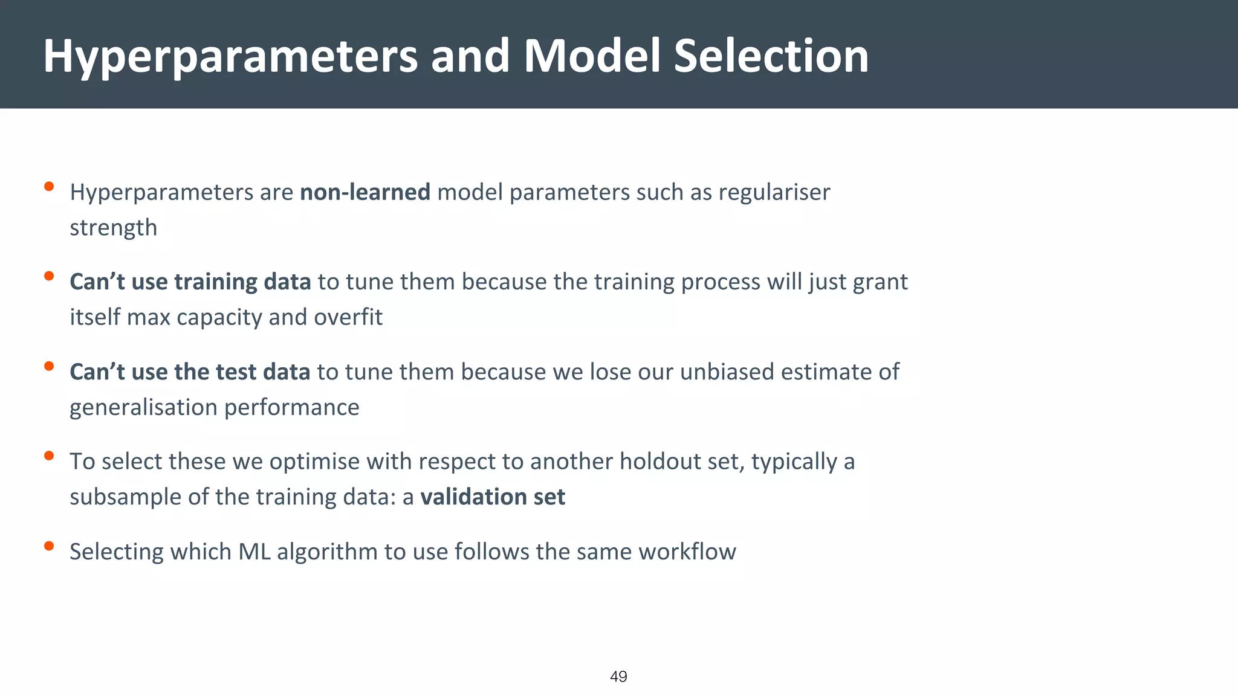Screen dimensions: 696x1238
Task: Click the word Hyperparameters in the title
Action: tap(230, 57)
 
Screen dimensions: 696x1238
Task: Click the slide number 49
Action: tap(618, 677)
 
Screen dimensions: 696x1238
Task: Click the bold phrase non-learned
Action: tap(365, 192)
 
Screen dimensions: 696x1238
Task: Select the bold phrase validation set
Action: tap(493, 497)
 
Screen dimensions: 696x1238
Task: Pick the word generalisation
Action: tap(143, 408)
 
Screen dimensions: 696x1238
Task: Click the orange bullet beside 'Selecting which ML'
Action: tap(50, 546)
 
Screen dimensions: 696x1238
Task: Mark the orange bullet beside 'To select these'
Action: tap(50, 456)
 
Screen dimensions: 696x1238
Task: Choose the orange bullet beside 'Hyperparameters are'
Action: tap(50, 187)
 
